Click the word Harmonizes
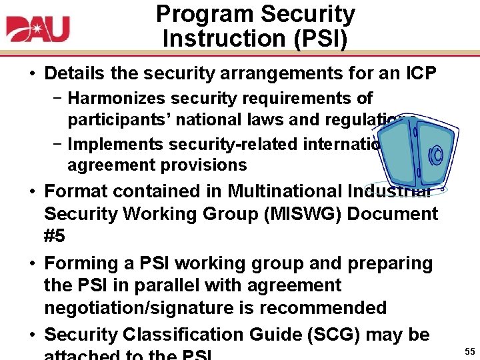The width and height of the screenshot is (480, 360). click(x=117, y=99)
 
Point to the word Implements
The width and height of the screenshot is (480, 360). click(x=116, y=144)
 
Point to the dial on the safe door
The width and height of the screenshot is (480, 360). click(x=437, y=155)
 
